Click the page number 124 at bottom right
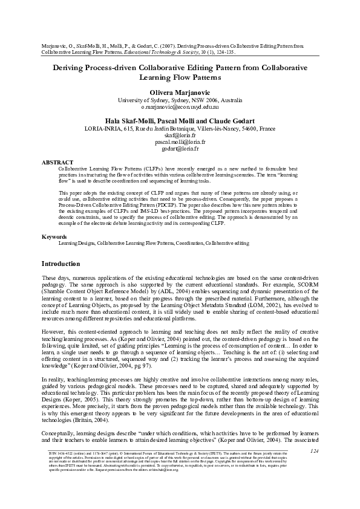tap(313, 468)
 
